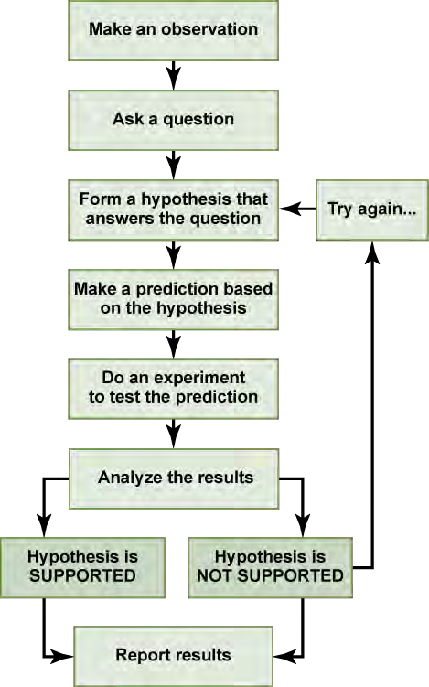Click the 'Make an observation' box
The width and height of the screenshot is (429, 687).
[x=173, y=30]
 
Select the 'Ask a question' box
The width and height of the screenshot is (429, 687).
[x=173, y=120]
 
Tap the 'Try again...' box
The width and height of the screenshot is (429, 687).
[x=372, y=209]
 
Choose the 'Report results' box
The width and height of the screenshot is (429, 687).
[x=173, y=656]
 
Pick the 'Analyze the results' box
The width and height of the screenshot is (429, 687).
[x=174, y=478]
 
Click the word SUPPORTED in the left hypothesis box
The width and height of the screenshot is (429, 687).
[x=82, y=575]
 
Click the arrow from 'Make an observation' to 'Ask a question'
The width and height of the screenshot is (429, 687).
[x=174, y=75]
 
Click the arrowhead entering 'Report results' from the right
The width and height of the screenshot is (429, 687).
[x=284, y=656]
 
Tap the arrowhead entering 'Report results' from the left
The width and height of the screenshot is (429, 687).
[x=62, y=656]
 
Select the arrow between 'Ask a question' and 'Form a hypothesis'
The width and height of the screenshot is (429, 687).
[x=174, y=166]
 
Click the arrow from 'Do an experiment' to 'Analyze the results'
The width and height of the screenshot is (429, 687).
[x=174, y=434]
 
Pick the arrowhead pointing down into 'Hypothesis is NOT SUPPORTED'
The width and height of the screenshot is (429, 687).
[x=303, y=526]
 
